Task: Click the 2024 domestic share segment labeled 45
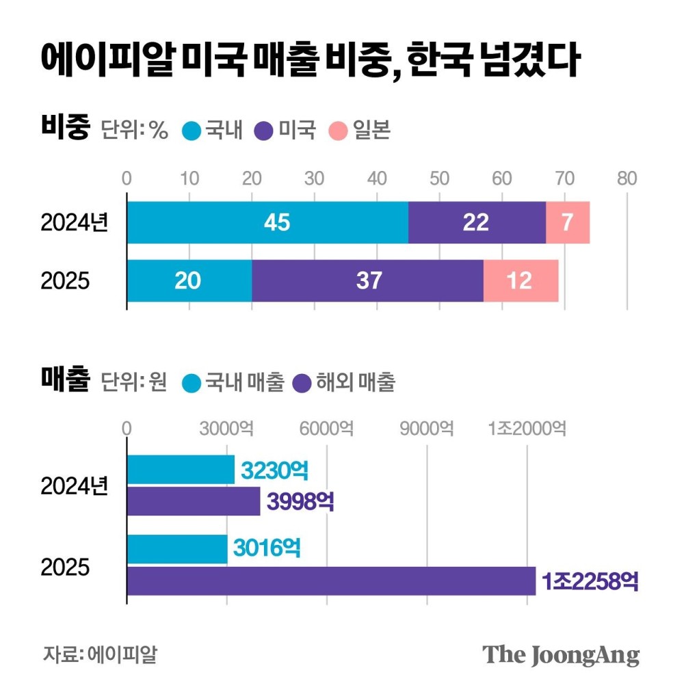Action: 267,223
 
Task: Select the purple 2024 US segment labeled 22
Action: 477,223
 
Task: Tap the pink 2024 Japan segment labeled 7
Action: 568,223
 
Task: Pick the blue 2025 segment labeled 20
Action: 189,280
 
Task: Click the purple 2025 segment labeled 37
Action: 368,280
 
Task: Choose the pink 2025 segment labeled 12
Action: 521,280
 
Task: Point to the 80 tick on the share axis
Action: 627,178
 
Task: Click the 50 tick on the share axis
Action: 439,178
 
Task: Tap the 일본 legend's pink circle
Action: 338,130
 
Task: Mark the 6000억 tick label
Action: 326,429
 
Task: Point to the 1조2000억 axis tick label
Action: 526,429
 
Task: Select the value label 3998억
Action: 300,502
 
